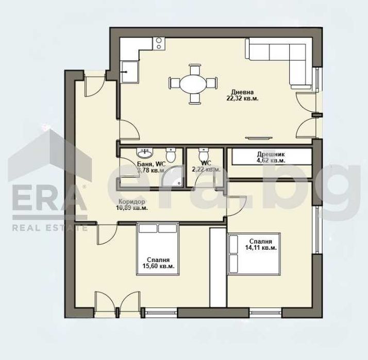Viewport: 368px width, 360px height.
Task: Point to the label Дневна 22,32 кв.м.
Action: click(x=242, y=95)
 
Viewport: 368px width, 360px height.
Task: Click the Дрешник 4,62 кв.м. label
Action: click(x=271, y=157)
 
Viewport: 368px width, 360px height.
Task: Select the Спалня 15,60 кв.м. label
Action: click(x=158, y=263)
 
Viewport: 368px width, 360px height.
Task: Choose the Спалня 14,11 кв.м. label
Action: click(x=262, y=244)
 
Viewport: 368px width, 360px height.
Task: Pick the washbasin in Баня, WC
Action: click(x=144, y=153)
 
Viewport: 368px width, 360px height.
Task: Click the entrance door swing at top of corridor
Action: click(x=94, y=87)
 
